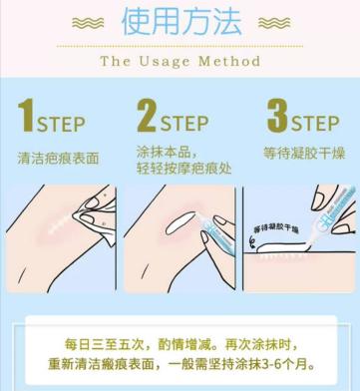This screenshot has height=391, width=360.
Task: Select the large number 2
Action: [x=146, y=118]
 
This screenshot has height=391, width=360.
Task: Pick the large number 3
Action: [x=276, y=116]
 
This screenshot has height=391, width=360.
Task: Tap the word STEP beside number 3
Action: [x=316, y=124]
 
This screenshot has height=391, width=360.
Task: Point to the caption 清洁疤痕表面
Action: [x=60, y=157]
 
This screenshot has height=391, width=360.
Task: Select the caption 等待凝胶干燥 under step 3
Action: [x=301, y=154]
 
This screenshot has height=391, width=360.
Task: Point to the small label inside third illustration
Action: [x=282, y=228]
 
